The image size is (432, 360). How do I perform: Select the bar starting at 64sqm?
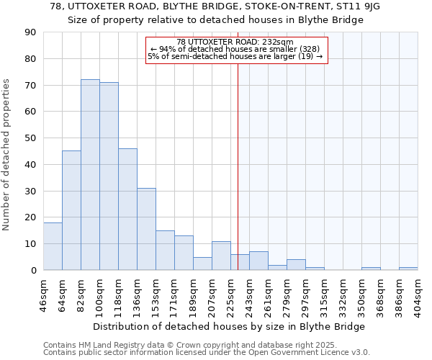pos(71,210)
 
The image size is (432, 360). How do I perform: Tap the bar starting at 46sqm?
pos(53,246)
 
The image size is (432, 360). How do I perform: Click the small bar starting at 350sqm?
pos(371,269)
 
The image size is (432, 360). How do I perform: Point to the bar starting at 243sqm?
pos(258,261)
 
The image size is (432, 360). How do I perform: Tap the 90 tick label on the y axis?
pos(30,32)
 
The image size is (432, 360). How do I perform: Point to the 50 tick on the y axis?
pos(30,138)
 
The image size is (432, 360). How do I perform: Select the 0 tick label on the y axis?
pos(33,270)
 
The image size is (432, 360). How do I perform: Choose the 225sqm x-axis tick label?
pos(230,295)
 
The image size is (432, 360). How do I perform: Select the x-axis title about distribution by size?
pos(229,326)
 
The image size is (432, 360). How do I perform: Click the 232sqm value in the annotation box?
pos(278,42)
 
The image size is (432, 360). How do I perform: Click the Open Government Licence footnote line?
pos(207,353)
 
